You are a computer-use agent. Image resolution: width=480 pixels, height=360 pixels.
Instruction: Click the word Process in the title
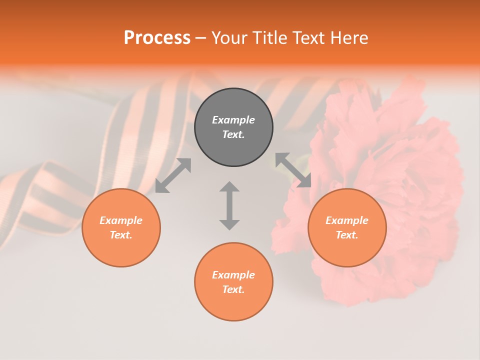coord(157,38)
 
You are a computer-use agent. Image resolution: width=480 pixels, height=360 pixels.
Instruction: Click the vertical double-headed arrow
coord(229,205)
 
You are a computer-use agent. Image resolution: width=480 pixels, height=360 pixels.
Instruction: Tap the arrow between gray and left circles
coord(173,175)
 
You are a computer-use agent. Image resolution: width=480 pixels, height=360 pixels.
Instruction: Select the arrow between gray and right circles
coord(293,170)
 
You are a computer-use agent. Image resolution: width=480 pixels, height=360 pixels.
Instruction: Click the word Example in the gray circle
coord(233,120)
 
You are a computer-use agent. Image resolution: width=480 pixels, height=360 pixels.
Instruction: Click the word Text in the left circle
coord(121,235)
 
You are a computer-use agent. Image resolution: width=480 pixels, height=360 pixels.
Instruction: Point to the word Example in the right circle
coord(347,220)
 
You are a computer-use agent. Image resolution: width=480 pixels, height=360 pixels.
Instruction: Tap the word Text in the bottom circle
coord(233,289)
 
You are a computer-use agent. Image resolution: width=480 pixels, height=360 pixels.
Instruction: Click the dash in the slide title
coord(200,38)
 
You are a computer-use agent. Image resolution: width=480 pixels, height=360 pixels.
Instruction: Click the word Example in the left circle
coord(121,220)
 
